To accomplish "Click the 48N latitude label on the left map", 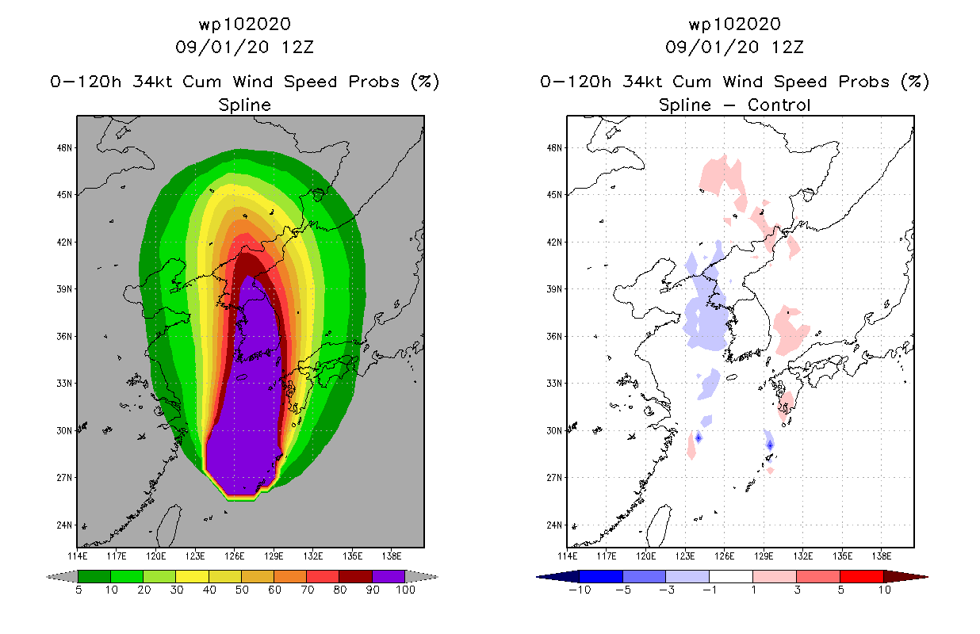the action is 64,147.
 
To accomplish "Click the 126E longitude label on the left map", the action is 234,556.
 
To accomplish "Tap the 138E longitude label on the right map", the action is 882,556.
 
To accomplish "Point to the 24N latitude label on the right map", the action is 554,525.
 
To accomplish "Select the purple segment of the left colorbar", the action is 389,576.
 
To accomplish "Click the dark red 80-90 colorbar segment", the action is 356,576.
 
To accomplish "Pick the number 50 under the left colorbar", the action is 242,590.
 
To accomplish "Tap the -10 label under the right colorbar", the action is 580,590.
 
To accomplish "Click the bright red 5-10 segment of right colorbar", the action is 862,576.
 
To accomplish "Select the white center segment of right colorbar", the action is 731,576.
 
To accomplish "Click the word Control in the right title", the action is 779,105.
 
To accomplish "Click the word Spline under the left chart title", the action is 244,105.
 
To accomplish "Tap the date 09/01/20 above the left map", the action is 222,48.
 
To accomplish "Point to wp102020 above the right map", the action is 734,24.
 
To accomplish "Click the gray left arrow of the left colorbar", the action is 62,576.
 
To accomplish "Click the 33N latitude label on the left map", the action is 64,384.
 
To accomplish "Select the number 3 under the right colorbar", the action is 797,590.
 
